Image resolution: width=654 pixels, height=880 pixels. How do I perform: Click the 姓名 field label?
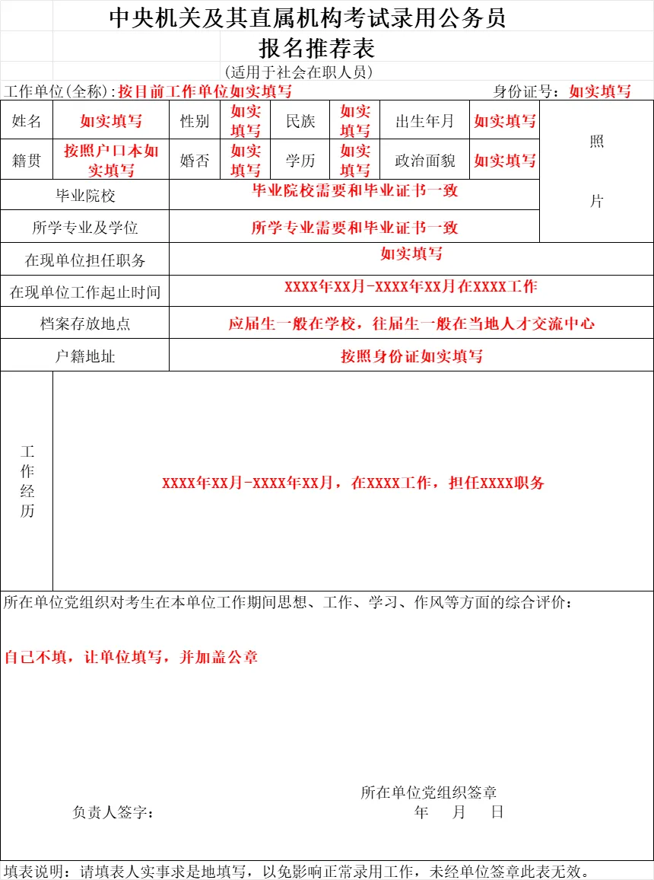coord(27,121)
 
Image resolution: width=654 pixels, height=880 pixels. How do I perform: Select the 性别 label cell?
coord(195,121)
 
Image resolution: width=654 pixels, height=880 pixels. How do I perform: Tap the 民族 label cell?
coord(300,121)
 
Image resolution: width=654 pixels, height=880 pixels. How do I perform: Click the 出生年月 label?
coord(424,121)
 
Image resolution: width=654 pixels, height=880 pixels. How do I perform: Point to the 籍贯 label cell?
coord(27,161)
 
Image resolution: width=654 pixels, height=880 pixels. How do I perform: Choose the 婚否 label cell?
coord(195,161)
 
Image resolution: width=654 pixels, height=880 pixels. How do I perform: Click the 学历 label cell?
coord(300,161)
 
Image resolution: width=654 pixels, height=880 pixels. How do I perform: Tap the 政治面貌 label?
coord(424,161)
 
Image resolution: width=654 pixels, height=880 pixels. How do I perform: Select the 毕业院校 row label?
coord(85,196)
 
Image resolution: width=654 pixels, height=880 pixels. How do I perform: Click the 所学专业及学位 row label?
coord(85,228)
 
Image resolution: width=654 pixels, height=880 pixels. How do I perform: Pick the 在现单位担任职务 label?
coord(85,260)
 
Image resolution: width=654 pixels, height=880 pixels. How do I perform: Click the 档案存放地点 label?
coord(85,324)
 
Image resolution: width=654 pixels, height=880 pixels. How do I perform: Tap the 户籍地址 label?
coord(85,356)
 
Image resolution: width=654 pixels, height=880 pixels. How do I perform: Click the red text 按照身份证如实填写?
coord(411,356)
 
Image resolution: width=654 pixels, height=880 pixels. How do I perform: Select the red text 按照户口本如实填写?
coord(111,160)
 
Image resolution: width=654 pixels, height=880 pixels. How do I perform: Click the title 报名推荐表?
coord(317,49)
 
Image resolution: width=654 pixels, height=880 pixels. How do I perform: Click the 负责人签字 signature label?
coord(113,813)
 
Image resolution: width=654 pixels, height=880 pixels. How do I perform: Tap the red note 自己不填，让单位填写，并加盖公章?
coord(132,657)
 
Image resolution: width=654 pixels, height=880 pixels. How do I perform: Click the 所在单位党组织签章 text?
coord(429,792)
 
